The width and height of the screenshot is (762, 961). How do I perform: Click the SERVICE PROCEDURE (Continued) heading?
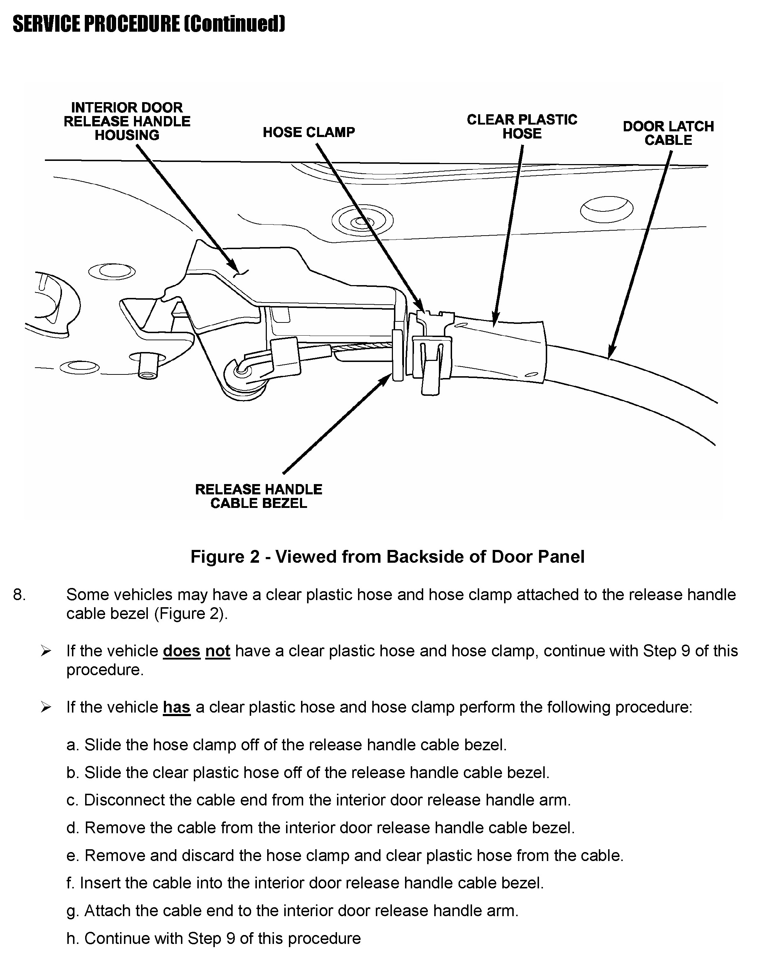pos(149,24)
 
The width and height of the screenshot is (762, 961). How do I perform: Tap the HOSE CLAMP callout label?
pos(309,132)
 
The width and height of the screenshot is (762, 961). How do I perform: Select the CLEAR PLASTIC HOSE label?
pos(522,127)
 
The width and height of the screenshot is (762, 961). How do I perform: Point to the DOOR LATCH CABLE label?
pos(668,133)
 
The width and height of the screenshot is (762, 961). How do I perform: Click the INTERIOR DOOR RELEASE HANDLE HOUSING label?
pos(127,121)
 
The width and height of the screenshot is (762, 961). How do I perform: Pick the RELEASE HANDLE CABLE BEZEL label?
pos(258,496)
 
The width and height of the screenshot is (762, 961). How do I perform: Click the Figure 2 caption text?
pos(387,557)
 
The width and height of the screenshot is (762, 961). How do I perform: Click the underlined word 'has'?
pos(177,707)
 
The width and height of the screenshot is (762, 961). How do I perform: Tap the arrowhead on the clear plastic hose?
pos(495,322)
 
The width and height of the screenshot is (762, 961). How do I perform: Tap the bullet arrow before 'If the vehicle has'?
pos(46,707)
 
